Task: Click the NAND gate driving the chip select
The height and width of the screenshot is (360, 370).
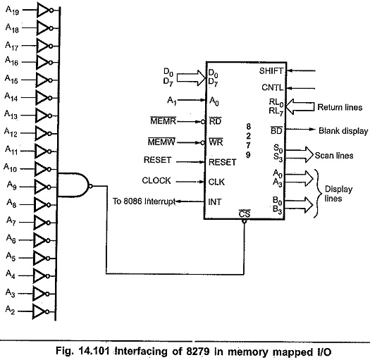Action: click(x=73, y=185)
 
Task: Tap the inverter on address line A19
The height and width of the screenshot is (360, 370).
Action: click(x=45, y=10)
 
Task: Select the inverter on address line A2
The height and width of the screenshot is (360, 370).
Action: click(x=41, y=311)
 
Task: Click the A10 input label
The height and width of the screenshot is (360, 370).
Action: click(x=10, y=168)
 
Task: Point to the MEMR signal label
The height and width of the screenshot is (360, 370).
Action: click(x=163, y=120)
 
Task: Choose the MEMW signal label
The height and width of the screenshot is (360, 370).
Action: click(x=161, y=142)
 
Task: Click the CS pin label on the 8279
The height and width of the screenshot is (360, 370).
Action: click(x=245, y=213)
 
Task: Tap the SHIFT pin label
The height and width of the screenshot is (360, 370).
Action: click(x=271, y=70)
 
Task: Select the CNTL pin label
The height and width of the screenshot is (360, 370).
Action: click(x=272, y=87)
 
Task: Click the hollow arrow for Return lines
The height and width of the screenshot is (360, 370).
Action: click(x=300, y=106)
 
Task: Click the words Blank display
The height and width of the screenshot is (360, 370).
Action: click(x=343, y=131)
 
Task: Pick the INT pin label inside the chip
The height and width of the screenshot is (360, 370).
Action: click(x=215, y=201)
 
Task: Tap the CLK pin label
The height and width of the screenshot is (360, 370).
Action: click(x=216, y=182)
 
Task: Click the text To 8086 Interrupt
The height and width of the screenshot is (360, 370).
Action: click(x=144, y=201)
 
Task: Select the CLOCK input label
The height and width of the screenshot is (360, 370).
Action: click(x=156, y=180)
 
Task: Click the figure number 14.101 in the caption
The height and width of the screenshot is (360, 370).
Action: click(x=94, y=351)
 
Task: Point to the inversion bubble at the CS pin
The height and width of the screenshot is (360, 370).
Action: click(x=245, y=221)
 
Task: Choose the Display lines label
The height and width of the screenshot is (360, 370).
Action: click(x=338, y=194)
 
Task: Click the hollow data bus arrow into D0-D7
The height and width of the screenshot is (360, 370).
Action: click(x=191, y=77)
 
